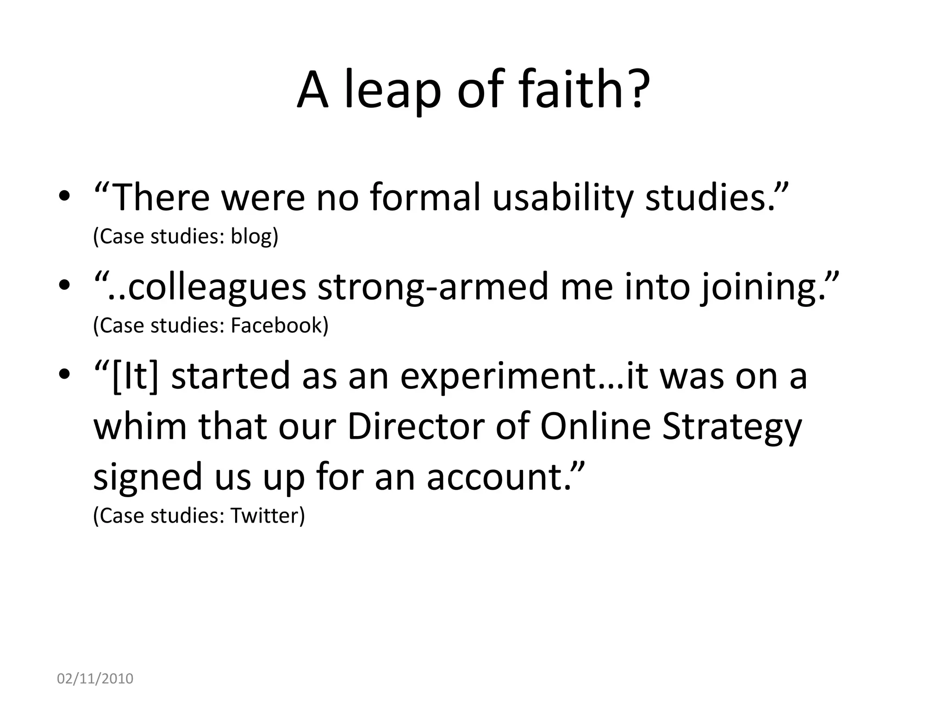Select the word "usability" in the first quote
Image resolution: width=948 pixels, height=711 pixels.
pyautogui.click(x=562, y=198)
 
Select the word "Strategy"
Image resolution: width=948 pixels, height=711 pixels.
pyautogui.click(x=731, y=426)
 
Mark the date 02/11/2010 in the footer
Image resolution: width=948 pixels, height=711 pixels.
pyautogui.click(x=95, y=679)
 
